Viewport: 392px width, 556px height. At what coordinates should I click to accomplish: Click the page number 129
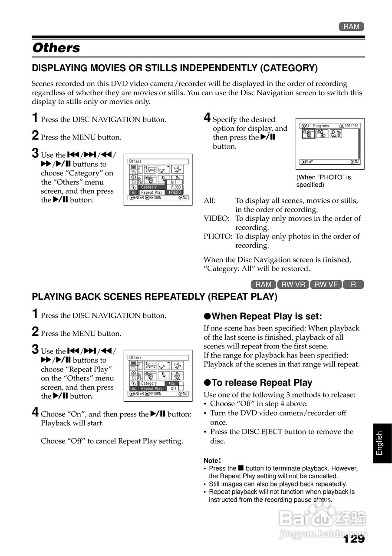[354, 539]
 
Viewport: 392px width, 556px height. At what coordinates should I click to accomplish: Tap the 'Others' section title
[56, 48]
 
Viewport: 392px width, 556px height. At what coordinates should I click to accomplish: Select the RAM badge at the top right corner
[351, 27]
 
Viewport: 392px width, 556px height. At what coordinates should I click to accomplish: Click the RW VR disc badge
[293, 285]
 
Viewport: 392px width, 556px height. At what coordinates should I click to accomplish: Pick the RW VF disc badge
[326, 285]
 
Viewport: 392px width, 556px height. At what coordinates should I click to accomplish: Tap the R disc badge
[353, 285]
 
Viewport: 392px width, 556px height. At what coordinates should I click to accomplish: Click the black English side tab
[379, 443]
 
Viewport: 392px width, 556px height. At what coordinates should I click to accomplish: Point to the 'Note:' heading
[212, 460]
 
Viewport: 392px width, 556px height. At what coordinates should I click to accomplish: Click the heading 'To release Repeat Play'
[262, 383]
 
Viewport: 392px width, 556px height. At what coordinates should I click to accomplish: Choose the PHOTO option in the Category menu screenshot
[175, 192]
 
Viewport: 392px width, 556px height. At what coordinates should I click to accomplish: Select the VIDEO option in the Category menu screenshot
[175, 187]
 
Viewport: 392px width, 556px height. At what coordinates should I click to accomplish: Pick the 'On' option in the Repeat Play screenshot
[172, 384]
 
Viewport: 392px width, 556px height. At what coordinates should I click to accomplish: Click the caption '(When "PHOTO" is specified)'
[323, 181]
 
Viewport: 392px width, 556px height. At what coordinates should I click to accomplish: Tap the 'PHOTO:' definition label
[218, 237]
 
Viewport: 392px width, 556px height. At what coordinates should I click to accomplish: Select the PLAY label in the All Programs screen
[309, 162]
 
